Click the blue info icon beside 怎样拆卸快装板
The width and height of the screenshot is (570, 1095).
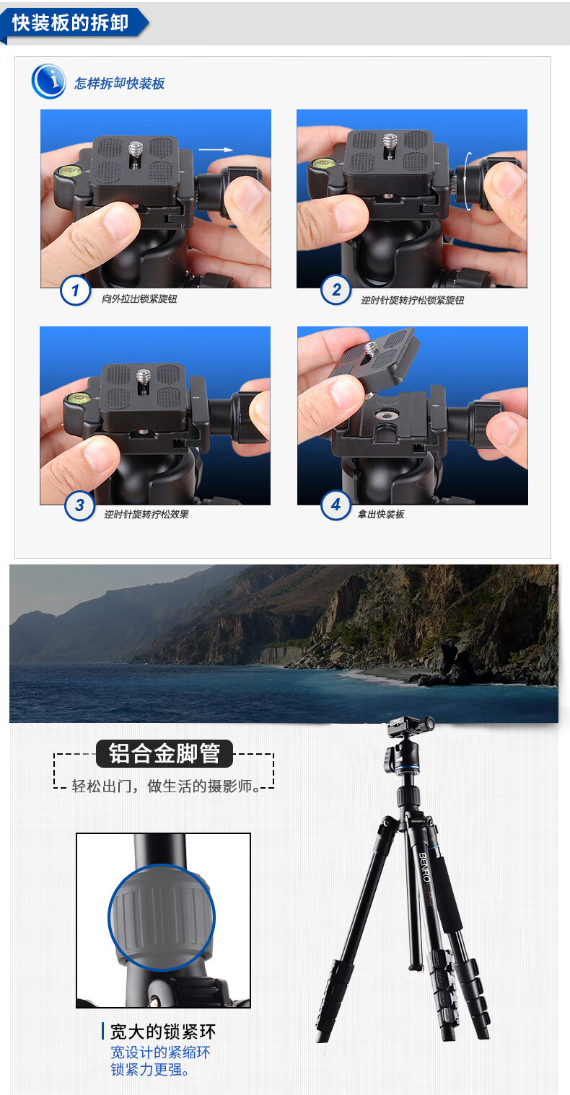48,81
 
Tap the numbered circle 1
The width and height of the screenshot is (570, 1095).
75,291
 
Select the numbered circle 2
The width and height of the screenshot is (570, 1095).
336,290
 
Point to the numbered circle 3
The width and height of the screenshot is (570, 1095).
80,506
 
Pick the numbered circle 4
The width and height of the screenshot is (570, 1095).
336,505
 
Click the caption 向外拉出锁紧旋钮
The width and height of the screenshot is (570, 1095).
139,298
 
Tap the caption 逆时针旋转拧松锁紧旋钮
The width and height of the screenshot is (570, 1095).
413,300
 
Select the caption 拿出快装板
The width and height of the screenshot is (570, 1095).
381,514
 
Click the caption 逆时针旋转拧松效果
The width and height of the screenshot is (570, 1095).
146,514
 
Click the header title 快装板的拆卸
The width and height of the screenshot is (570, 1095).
71,22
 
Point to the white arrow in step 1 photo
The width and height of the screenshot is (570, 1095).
216,150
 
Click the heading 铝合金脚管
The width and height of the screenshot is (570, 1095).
165,753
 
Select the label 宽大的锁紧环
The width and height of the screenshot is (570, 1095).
163,1032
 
